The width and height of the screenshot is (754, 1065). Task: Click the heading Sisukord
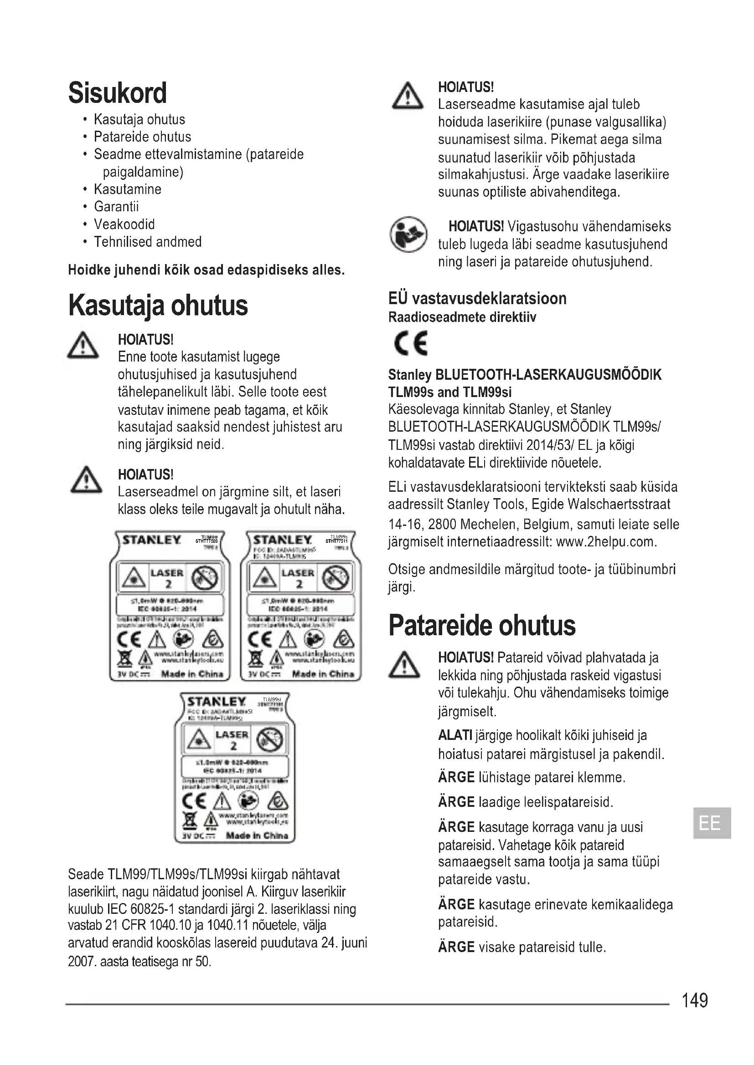pos(118,93)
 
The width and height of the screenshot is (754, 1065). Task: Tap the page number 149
pos(694,1000)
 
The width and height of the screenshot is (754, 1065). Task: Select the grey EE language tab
pos(712,823)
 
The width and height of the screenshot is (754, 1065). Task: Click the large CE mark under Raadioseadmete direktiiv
pos(410,343)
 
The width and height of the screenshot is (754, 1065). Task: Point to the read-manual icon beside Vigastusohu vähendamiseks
pos(408,234)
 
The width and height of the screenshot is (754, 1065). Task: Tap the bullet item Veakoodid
pos(124,224)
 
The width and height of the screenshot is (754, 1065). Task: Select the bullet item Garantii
pos(116,207)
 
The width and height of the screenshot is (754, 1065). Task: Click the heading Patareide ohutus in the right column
pos(481,625)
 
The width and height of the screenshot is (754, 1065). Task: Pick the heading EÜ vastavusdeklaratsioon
pos(477,298)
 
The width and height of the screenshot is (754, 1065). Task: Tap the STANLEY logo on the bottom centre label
pos(216,702)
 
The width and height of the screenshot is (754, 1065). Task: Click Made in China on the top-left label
pos(192,674)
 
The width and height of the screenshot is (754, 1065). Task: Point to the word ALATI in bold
pos(455,736)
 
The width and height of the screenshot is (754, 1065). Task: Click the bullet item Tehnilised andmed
pos(148,242)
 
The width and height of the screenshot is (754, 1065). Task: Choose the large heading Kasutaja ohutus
pos(158,306)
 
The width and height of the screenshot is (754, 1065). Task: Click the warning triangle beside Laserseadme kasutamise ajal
pos(407,96)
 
